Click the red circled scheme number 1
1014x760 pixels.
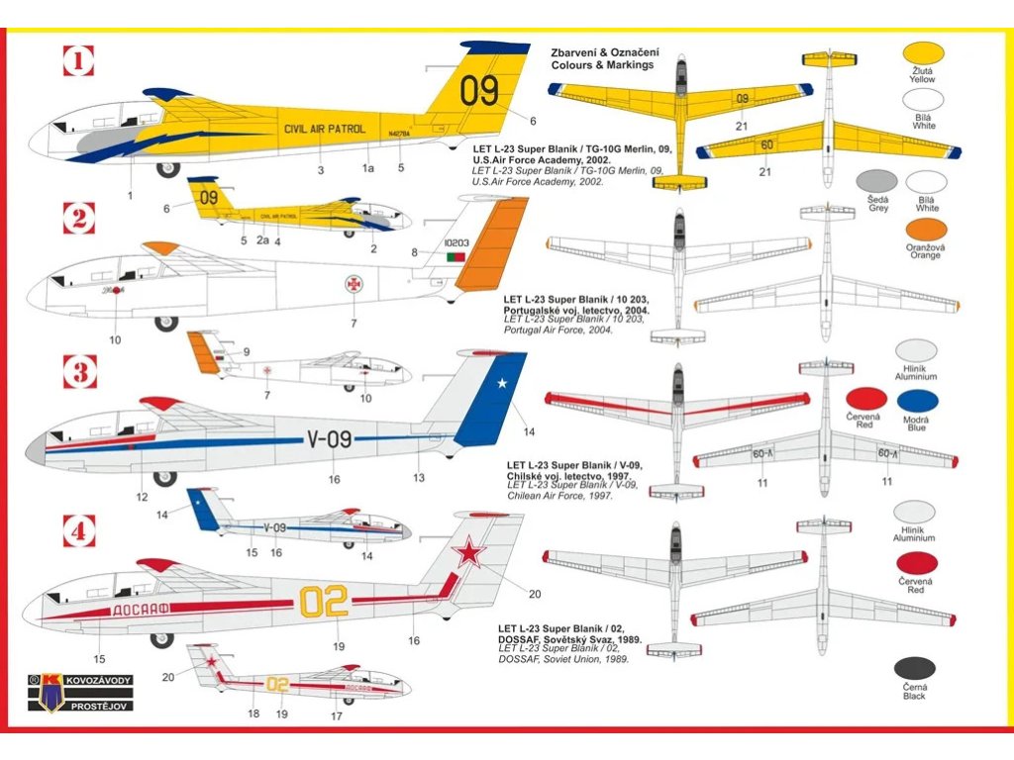(78, 64)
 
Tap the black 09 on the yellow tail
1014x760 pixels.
(480, 91)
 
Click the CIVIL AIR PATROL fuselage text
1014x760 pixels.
(324, 129)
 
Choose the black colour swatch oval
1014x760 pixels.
(914, 669)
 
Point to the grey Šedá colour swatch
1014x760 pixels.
(876, 182)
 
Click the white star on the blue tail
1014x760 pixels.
(501, 384)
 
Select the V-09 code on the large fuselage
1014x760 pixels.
(330, 439)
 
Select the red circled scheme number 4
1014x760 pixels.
(79, 531)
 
